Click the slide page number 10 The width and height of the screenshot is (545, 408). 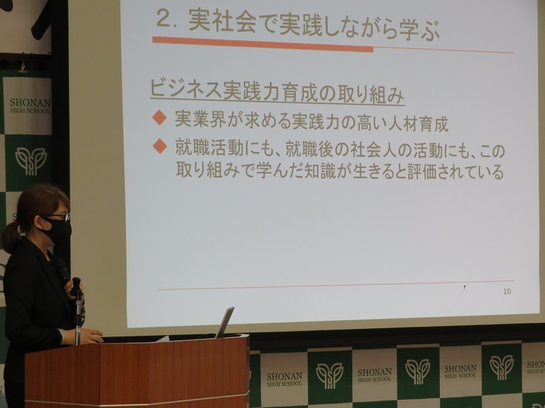click(x=507, y=291)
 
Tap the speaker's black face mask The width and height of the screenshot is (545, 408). click(x=57, y=231)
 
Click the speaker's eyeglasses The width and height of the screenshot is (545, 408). click(x=57, y=218)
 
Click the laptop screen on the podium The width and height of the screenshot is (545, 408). click(x=225, y=322)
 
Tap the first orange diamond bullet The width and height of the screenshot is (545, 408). click(x=160, y=117)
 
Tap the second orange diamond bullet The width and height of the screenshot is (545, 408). click(x=160, y=146)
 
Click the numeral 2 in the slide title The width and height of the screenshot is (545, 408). click(x=165, y=19)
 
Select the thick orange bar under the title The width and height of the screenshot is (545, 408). click(x=263, y=44)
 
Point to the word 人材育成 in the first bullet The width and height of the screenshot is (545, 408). click(x=418, y=124)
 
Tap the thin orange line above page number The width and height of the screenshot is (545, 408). click(x=336, y=285)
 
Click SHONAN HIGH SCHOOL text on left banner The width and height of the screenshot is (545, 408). click(x=30, y=106)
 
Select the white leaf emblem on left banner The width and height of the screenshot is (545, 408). click(x=31, y=161)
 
